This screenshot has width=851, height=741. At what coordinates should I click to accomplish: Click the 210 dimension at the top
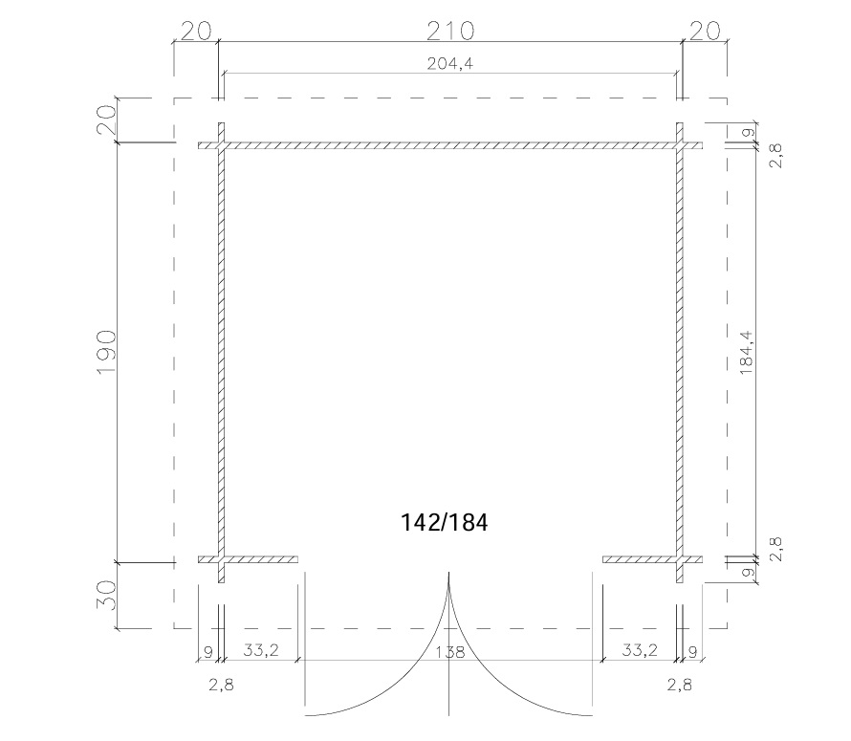tap(450, 31)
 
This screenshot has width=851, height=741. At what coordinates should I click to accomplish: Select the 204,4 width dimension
tap(450, 64)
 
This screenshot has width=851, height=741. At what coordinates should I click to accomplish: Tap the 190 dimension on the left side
tap(106, 351)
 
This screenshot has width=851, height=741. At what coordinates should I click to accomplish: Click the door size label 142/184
tap(444, 522)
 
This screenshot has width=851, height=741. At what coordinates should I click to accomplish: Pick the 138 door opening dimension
tap(450, 651)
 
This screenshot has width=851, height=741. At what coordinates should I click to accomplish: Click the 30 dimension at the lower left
tap(106, 595)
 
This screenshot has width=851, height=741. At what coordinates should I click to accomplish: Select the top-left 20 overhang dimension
tap(195, 31)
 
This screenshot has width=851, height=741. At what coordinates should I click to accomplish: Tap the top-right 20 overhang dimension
tap(705, 31)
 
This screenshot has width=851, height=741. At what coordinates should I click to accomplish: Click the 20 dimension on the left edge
tap(106, 120)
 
